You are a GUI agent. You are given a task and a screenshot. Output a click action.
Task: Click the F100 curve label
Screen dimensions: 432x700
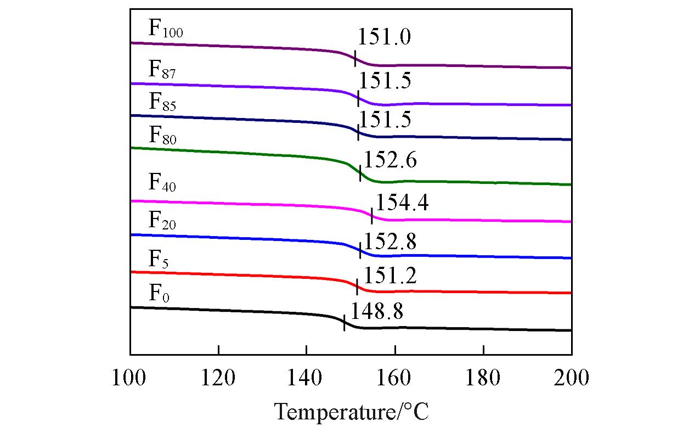tap(165, 29)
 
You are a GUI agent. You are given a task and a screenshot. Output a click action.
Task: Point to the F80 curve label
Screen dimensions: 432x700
tap(162, 136)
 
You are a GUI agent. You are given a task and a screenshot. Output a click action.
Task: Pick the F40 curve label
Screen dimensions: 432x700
tap(162, 183)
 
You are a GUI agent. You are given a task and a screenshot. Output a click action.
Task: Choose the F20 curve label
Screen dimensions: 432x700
tap(162, 221)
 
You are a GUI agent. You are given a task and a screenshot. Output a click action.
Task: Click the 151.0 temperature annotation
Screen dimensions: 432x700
tap(384, 37)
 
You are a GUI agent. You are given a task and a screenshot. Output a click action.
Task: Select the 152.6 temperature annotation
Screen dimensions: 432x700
tap(390, 160)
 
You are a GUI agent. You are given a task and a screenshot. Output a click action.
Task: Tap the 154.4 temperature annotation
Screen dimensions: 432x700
tap(402, 203)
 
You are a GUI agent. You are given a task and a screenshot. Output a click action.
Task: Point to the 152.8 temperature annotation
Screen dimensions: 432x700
tap(390, 241)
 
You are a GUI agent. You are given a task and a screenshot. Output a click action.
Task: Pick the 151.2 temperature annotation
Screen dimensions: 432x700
tap(390, 276)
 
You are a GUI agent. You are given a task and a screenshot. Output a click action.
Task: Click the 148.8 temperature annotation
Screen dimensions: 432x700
tap(376, 311)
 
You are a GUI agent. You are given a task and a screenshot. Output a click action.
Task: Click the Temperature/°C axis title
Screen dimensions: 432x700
tap(351, 411)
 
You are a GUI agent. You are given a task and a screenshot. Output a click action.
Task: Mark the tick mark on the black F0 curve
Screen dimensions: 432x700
tap(344, 323)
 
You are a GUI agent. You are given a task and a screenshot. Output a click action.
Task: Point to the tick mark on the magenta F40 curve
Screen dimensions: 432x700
tap(372, 216)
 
